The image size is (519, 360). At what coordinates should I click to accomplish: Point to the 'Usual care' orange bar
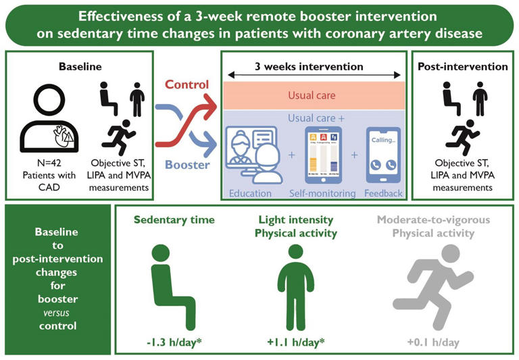coord(312,95)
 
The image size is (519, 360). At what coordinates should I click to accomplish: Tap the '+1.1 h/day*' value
coord(295,342)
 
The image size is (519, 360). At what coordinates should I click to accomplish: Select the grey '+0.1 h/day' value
coord(433,342)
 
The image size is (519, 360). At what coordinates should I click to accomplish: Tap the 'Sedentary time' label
coord(174,220)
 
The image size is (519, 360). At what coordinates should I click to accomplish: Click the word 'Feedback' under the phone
coord(382,193)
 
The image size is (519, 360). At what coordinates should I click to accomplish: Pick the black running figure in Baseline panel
coord(120,134)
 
